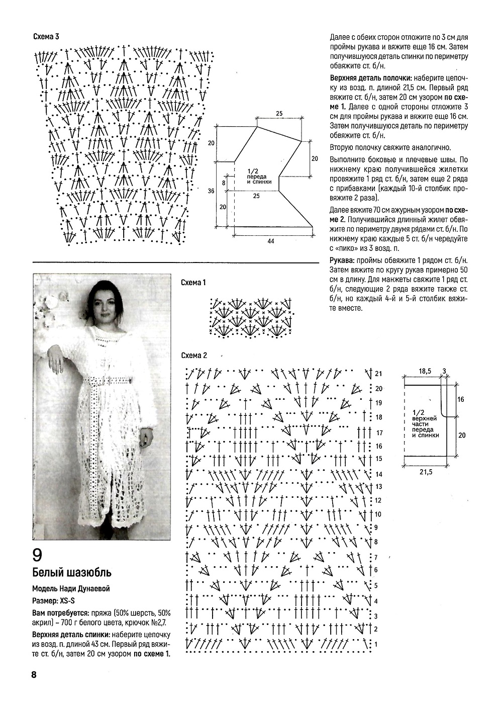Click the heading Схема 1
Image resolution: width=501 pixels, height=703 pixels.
point(193,283)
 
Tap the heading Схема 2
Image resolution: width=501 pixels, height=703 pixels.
point(194,356)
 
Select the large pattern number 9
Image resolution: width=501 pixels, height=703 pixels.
point(38,555)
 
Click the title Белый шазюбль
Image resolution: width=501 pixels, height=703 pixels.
point(71,573)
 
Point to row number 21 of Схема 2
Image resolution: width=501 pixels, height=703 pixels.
point(378,374)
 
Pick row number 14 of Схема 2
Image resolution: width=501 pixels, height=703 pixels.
point(378,474)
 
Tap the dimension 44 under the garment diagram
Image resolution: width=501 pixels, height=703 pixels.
point(270,241)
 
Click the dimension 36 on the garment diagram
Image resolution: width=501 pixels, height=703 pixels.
point(211,191)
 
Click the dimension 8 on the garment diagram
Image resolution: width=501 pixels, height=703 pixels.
point(224,183)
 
